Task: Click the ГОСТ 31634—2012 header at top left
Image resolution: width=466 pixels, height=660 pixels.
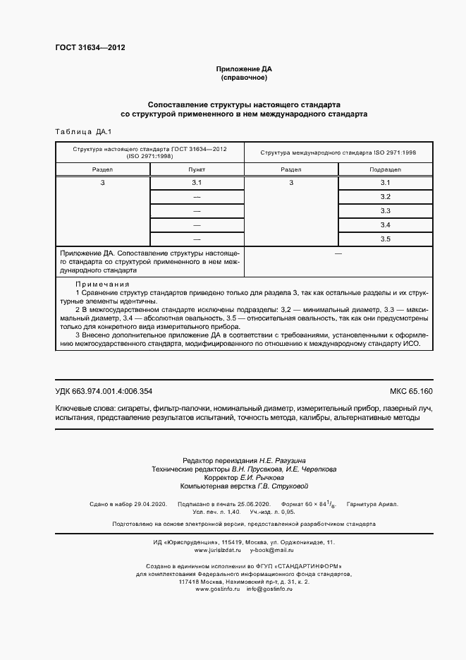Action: point(90,49)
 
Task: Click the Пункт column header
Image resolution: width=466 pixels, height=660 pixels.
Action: point(197,170)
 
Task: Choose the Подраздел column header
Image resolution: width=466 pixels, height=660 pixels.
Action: point(385,170)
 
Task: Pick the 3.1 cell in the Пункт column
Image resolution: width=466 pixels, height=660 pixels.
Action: point(197,184)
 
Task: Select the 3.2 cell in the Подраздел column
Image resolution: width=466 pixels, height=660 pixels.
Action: point(385,196)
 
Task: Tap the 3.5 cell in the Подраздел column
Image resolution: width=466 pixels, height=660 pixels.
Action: point(385,239)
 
